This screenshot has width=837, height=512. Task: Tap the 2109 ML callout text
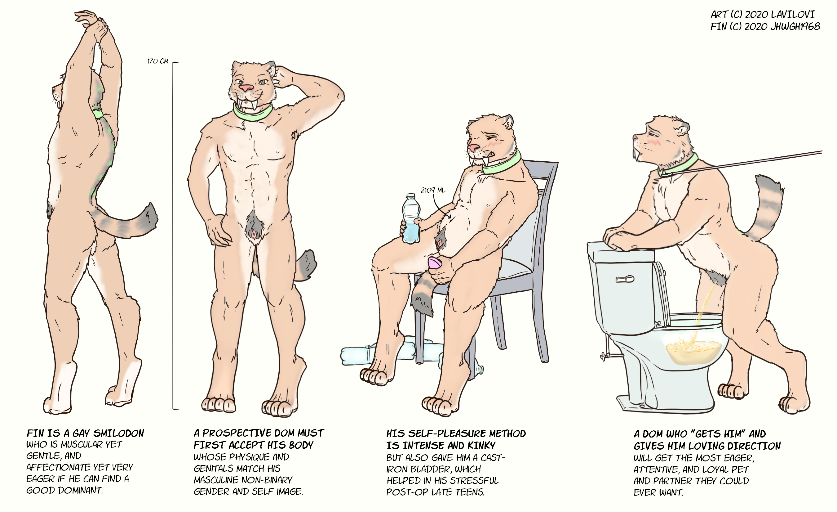click(433, 190)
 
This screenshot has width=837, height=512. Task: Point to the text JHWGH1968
click(795, 26)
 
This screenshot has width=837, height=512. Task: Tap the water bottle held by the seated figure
click(411, 219)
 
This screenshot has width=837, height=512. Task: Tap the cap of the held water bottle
click(411, 196)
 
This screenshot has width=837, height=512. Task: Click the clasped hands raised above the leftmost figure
click(93, 22)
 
